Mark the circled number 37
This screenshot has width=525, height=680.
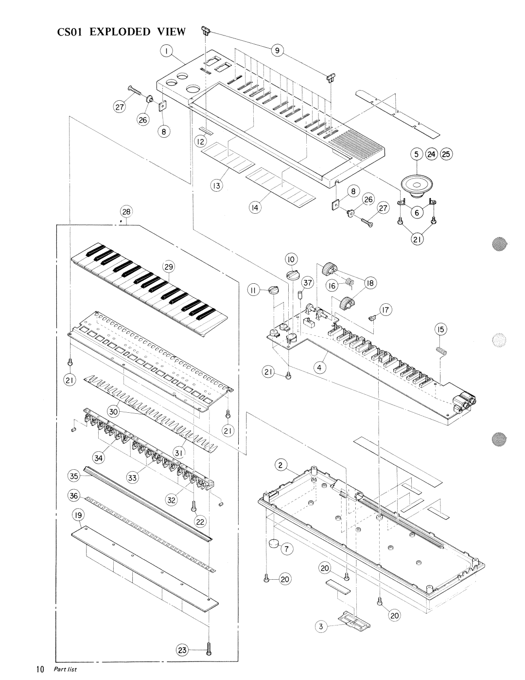(x=306, y=282)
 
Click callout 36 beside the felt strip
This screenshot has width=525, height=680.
(x=73, y=496)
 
